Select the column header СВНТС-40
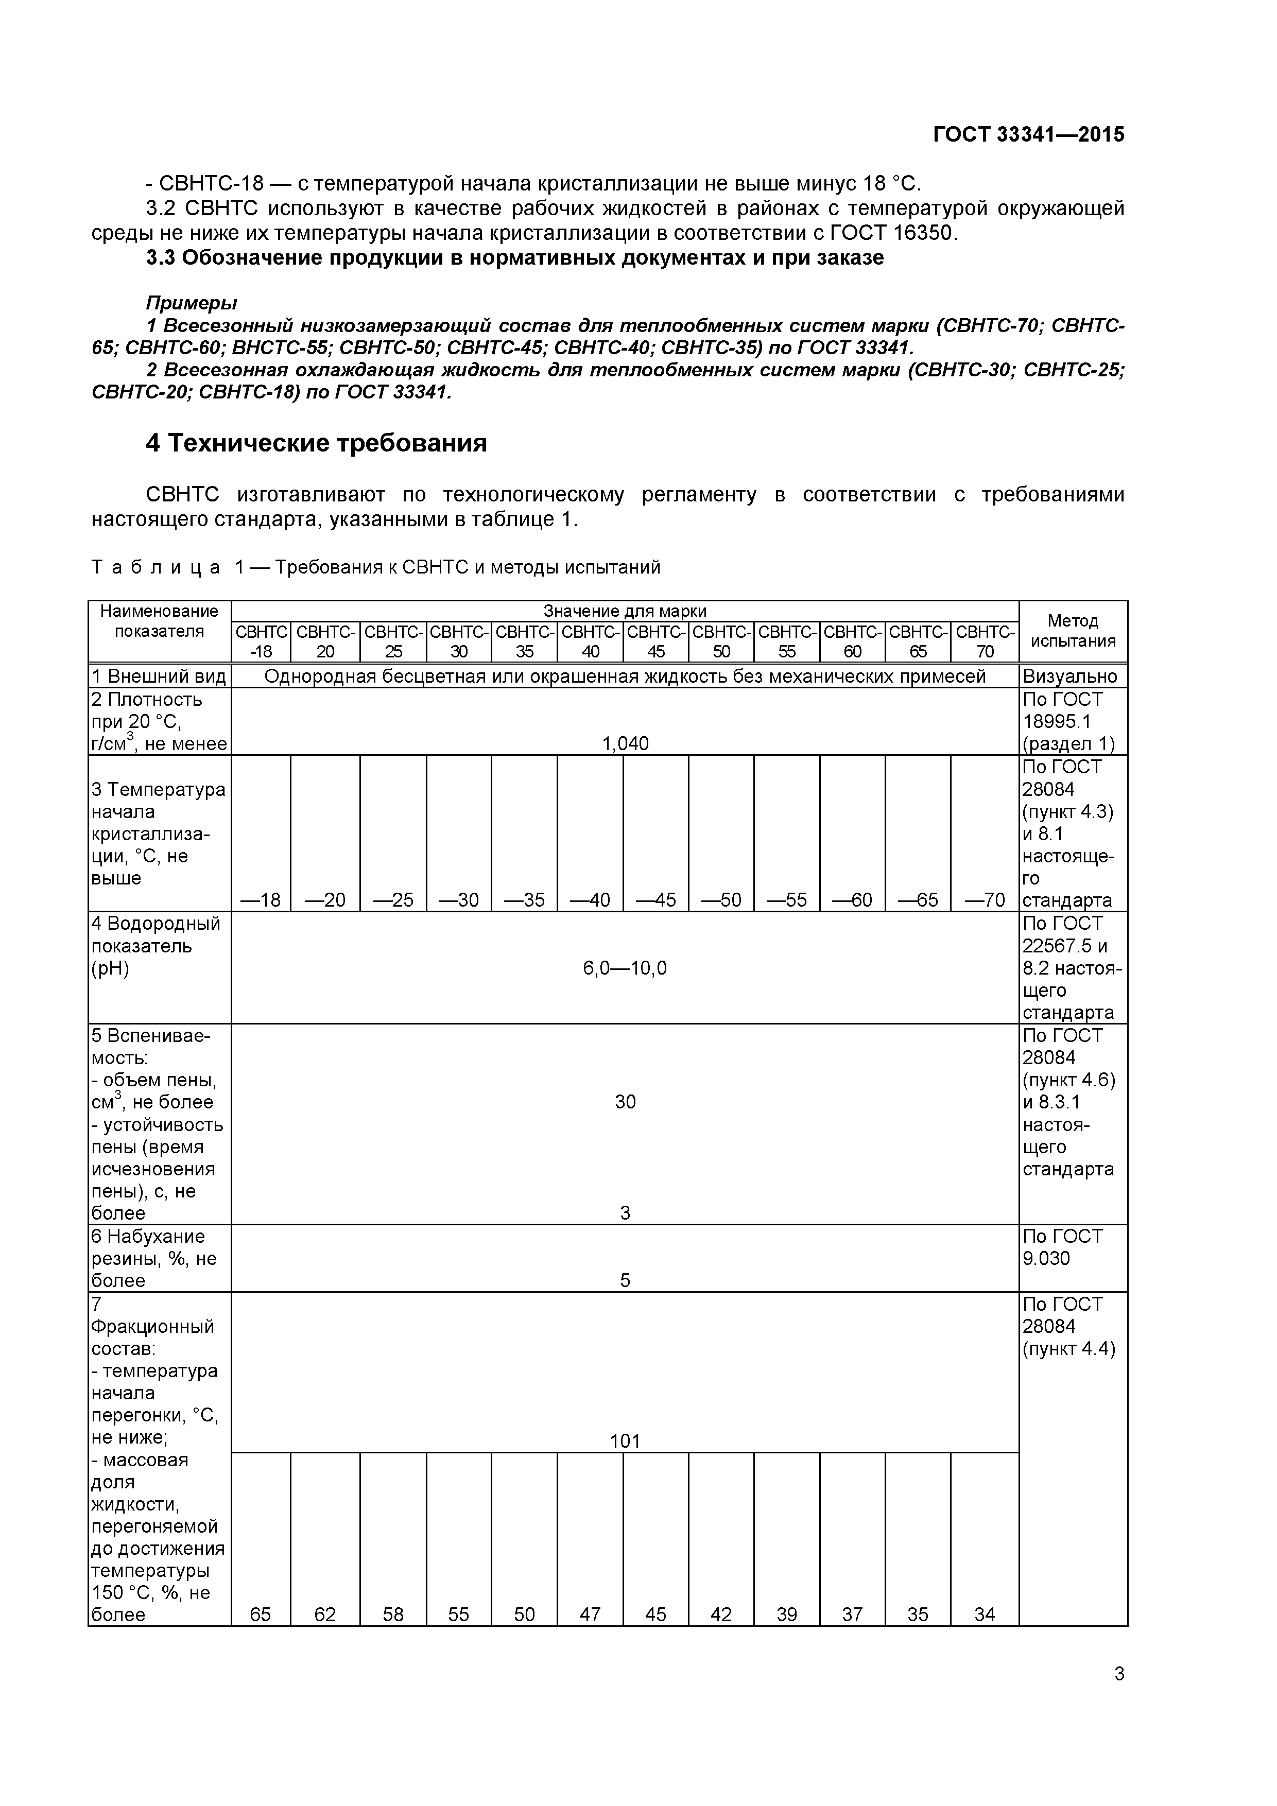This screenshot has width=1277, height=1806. pos(590,642)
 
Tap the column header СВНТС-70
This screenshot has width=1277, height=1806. pos(985,642)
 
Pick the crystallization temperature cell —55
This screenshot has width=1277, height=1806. pos(786,900)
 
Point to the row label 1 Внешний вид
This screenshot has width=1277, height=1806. pos(159,676)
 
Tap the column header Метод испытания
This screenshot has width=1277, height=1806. pos(1073,631)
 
